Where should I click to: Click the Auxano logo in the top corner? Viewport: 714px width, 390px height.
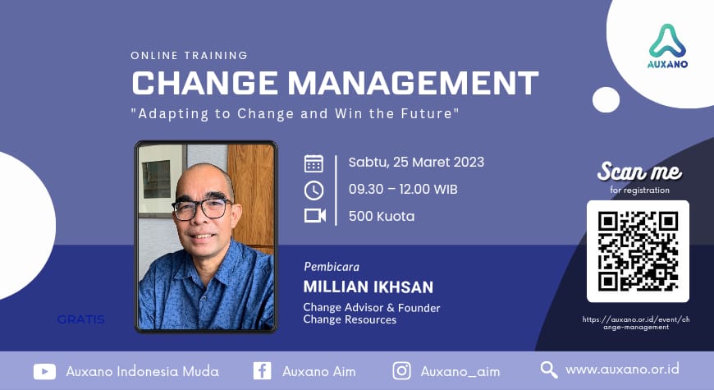[x=667, y=45]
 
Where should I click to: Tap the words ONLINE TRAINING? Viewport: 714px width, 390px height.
[x=189, y=56]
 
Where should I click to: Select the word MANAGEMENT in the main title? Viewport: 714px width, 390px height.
[x=410, y=84]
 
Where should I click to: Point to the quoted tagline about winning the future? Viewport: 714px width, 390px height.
[x=295, y=114]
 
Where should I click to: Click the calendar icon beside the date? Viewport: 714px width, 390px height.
[x=314, y=163]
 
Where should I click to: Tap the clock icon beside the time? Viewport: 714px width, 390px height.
[x=314, y=190]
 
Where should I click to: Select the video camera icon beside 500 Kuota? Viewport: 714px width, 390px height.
[x=314, y=216]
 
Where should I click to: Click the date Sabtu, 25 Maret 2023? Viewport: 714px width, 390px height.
[x=416, y=162]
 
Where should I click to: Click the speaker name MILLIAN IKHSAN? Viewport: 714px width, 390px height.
[x=368, y=287]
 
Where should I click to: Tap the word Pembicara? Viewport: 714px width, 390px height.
[x=332, y=267]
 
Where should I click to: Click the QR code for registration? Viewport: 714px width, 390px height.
[x=638, y=251]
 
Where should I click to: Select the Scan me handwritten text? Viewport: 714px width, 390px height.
[x=639, y=172]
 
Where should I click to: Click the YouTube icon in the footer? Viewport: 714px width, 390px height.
[x=44, y=371]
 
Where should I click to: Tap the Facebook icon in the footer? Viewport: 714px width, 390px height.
[x=262, y=371]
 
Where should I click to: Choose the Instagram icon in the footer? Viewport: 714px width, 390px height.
[x=401, y=371]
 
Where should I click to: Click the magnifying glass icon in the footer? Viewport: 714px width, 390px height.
[x=548, y=370]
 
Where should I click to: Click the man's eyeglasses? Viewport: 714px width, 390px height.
[x=201, y=209]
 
